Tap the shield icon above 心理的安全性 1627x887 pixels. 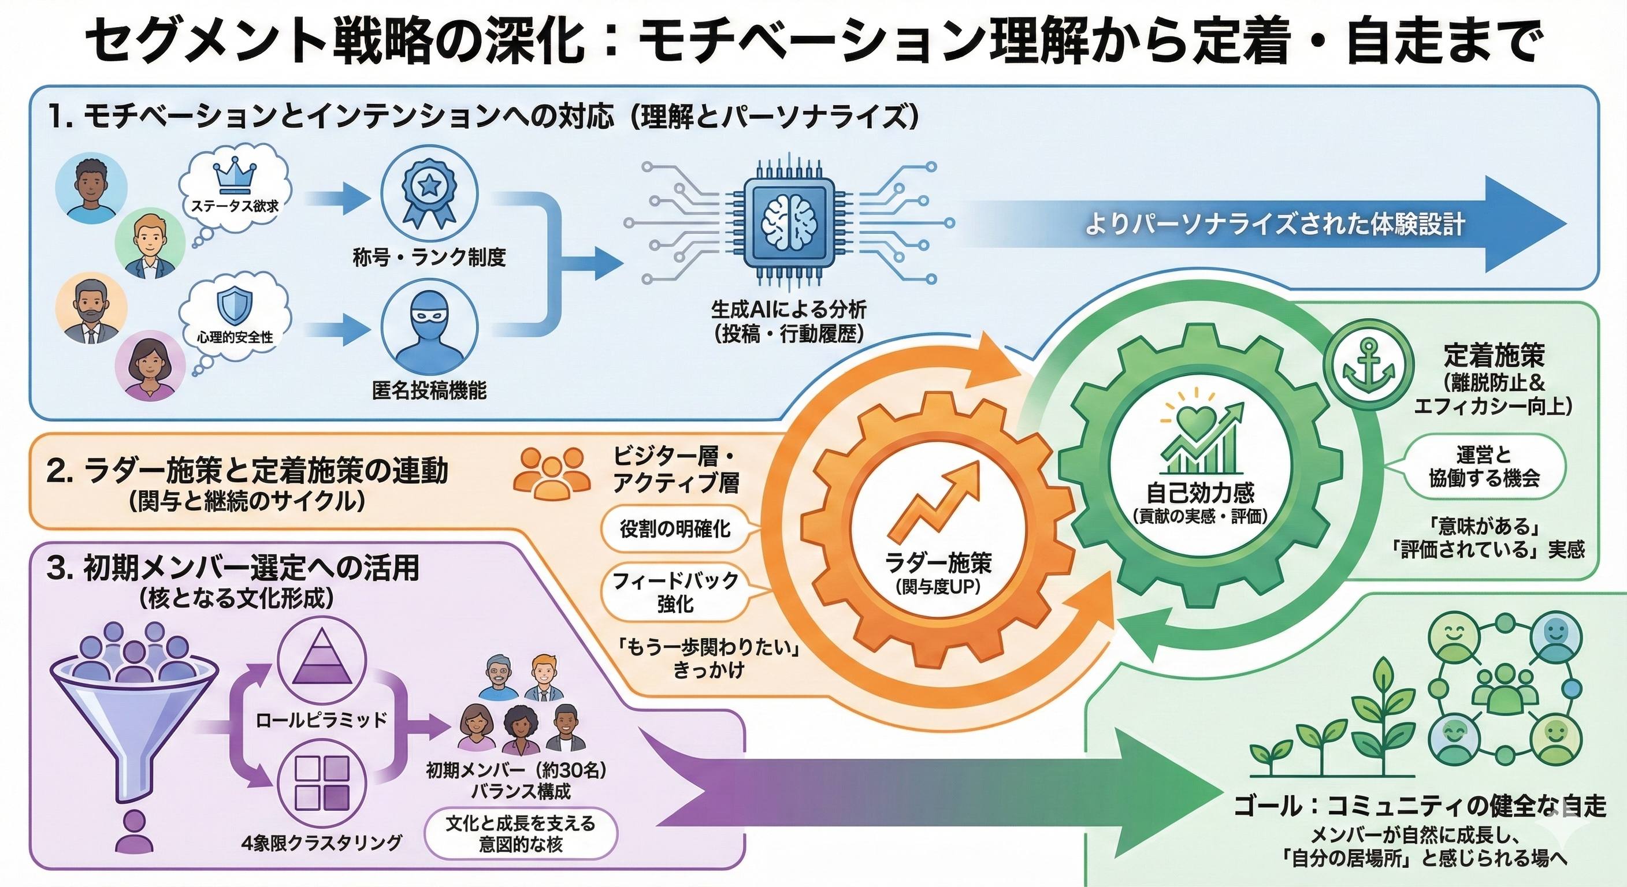pos(235,307)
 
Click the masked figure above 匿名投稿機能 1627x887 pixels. pos(429,330)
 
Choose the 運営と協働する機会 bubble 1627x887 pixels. pos(1484,466)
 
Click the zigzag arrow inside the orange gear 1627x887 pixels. pos(937,496)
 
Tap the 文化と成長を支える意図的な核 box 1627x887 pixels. pos(521,833)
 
